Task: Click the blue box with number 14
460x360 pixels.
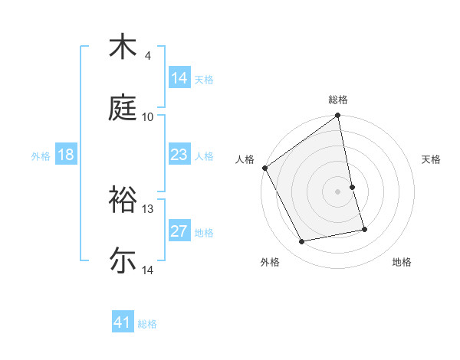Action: pos(179,78)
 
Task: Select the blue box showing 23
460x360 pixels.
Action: pos(179,155)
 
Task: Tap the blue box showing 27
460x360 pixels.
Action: pos(179,231)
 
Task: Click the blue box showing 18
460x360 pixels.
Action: pos(66,155)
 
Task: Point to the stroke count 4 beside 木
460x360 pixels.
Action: pos(148,56)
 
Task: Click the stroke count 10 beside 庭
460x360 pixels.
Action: pos(148,116)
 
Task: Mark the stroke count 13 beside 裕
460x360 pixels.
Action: pos(148,208)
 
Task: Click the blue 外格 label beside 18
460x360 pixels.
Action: pos(41,155)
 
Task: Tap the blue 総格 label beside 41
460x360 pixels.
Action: pos(147,324)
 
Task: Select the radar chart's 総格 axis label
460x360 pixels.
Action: pos(338,100)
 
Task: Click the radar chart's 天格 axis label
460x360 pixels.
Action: pos(431,159)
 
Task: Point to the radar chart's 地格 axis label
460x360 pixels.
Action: pos(402,262)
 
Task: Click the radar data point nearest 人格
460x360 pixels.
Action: pos(264,168)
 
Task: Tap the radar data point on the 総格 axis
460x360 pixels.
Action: pos(338,116)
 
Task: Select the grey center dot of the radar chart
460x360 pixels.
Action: pos(338,191)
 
